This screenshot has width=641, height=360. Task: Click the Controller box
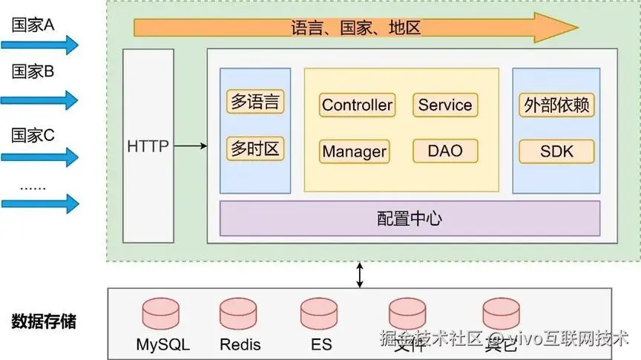tap(357, 105)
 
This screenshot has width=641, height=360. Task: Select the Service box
tap(445, 105)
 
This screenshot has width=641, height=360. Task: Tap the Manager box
tap(354, 151)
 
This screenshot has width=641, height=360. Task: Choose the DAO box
tap(445, 151)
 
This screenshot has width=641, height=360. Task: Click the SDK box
tap(556, 151)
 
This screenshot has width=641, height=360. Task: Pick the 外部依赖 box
tap(556, 105)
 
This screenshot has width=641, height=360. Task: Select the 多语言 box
tap(255, 102)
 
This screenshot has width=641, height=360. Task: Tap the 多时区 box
tap(255, 148)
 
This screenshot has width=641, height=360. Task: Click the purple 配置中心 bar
tap(410, 218)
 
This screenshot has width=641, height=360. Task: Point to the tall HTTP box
tap(148, 145)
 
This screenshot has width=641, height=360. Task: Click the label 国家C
tap(33, 135)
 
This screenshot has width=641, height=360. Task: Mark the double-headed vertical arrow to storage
tap(361, 274)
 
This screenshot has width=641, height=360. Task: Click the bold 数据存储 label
tap(44, 322)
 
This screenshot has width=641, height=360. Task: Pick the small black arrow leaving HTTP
tap(191, 145)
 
